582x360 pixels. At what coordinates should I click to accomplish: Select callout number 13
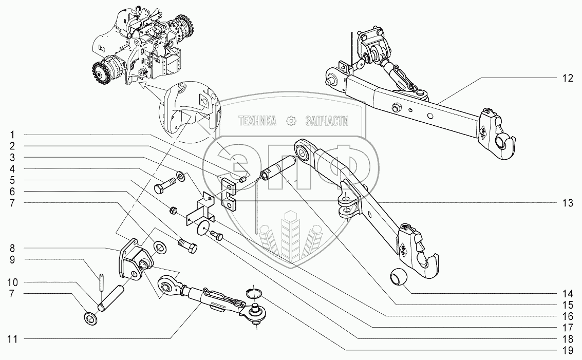coord(566,203)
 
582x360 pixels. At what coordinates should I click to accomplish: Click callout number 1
coord(11,134)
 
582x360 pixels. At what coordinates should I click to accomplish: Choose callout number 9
coord(11,259)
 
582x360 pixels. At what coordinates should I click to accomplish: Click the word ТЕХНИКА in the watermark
coord(257,121)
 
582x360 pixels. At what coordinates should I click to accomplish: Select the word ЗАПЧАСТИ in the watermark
coord(327,121)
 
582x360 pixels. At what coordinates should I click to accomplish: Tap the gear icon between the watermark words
coord(291,121)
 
